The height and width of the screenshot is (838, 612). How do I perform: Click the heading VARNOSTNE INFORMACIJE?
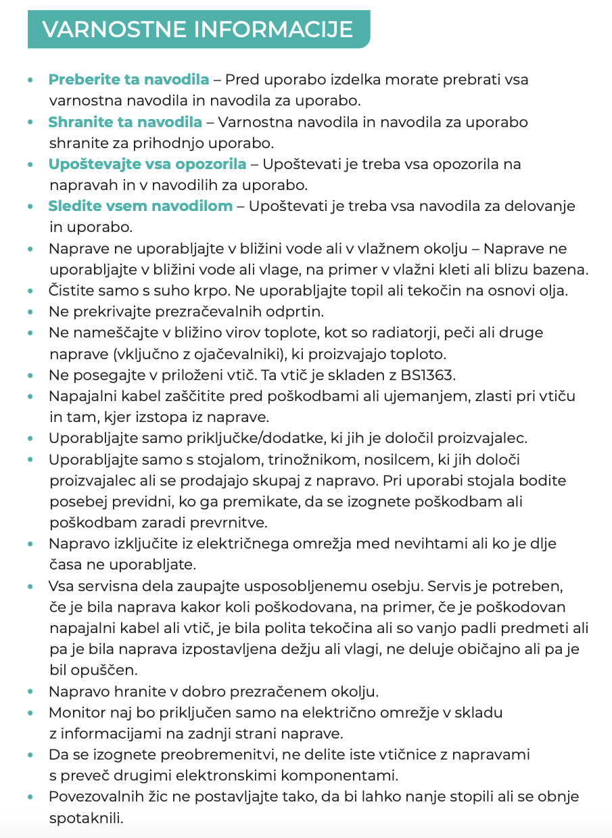tap(197, 30)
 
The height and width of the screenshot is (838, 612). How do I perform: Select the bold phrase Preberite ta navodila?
tap(128, 80)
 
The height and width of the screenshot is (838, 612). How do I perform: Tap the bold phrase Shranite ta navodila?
tap(125, 122)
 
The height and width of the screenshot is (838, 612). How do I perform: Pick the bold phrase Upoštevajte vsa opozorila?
tap(147, 164)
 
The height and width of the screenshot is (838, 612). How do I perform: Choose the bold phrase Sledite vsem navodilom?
tap(140, 206)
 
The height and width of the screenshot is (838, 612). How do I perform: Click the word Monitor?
tap(76, 712)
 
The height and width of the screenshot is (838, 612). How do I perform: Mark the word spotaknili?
tap(86, 818)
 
